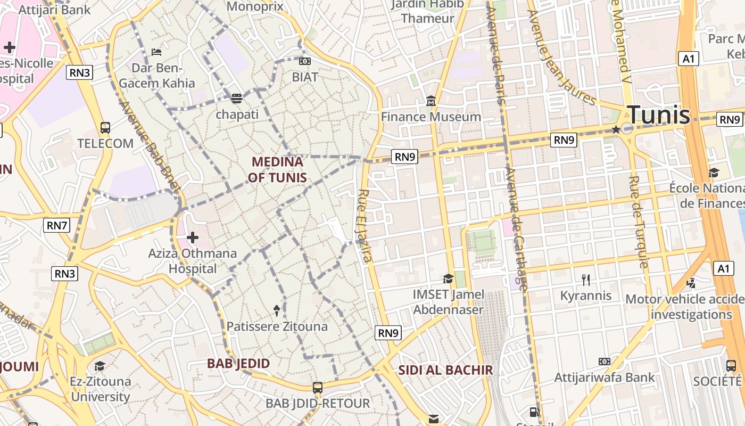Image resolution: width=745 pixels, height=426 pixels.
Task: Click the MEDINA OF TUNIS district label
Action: pyautogui.click(x=277, y=169)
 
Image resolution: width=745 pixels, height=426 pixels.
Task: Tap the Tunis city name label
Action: pyautogui.click(x=658, y=115)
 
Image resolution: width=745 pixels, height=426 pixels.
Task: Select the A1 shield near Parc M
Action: pyautogui.click(x=689, y=59)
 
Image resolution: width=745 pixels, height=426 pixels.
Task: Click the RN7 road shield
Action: pyautogui.click(x=57, y=225)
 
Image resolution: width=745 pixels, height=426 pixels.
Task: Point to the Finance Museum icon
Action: pyautogui.click(x=431, y=101)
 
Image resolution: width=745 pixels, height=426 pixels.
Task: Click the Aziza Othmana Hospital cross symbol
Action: pyautogui.click(x=193, y=237)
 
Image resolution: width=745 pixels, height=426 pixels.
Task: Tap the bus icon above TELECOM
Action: pyautogui.click(x=105, y=128)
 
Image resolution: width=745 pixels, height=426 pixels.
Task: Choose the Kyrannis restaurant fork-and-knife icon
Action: pyautogui.click(x=586, y=280)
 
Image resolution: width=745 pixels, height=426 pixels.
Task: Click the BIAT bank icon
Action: pyautogui.click(x=305, y=61)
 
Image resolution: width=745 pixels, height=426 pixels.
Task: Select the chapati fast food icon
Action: pyautogui.click(x=237, y=99)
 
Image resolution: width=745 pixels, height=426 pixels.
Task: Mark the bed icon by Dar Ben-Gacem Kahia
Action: pyautogui.click(x=156, y=52)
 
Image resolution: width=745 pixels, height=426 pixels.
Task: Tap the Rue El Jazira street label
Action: pyautogui.click(x=365, y=226)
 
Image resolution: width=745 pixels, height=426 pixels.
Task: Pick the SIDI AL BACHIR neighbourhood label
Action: pyautogui.click(x=446, y=370)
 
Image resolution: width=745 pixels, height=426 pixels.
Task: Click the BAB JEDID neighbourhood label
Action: pyautogui.click(x=238, y=364)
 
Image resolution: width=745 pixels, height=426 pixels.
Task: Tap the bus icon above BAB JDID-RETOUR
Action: pyautogui.click(x=318, y=387)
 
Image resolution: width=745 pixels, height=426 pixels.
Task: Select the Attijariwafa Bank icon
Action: pyautogui.click(x=604, y=362)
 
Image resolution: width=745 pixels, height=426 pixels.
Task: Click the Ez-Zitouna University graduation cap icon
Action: pyautogui.click(x=100, y=366)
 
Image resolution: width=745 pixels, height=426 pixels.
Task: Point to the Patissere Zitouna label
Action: pyautogui.click(x=277, y=326)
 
